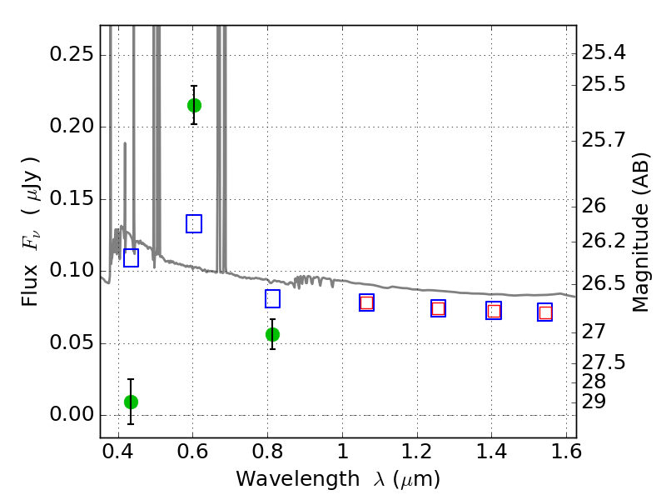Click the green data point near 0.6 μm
click(194, 106)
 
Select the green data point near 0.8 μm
click(273, 335)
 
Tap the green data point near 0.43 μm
click(132, 402)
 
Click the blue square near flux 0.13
click(194, 223)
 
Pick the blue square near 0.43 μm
click(131, 258)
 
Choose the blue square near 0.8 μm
click(273, 299)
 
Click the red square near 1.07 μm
click(366, 302)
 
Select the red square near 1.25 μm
click(439, 308)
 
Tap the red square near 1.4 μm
click(494, 311)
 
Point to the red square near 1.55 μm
click(545, 313)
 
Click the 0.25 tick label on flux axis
click(72, 54)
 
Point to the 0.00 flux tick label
click(72, 414)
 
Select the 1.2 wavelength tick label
click(417, 452)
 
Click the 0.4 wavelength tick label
click(118, 452)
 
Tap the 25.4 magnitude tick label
click(603, 53)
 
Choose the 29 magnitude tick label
click(594, 402)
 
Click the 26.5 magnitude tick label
click(603, 283)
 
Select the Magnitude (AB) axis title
click(640, 232)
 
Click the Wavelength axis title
click(338, 479)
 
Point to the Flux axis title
click(31, 232)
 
